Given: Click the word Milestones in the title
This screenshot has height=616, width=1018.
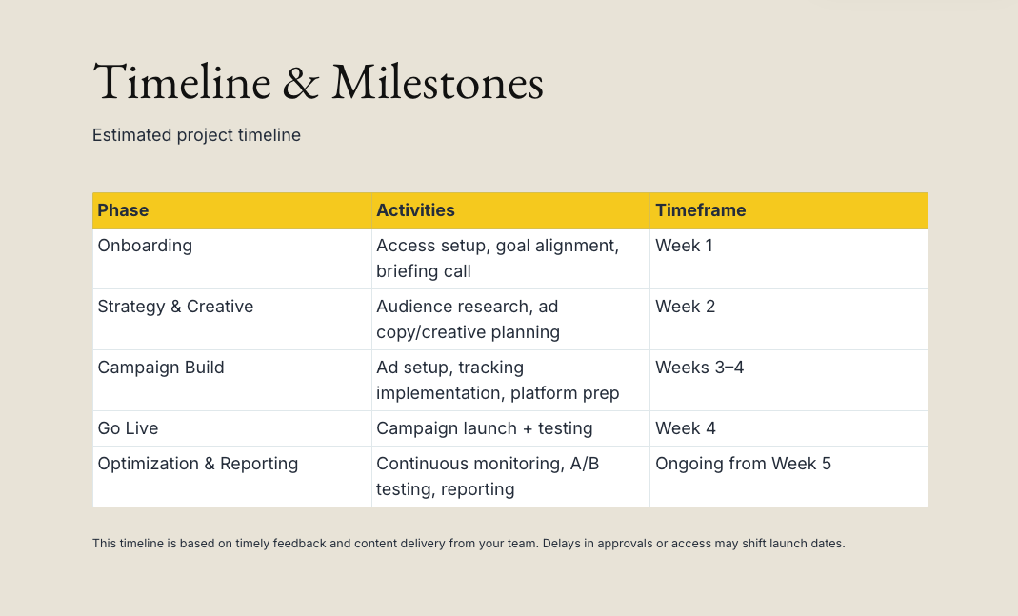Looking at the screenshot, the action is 438,83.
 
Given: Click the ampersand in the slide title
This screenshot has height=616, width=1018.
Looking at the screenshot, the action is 301,83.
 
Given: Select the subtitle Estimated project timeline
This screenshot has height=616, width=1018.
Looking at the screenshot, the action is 197,135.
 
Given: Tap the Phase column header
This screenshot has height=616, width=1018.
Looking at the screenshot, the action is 123,210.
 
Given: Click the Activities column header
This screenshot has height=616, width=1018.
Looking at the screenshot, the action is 415,210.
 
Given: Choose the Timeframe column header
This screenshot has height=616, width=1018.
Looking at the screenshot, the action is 701,210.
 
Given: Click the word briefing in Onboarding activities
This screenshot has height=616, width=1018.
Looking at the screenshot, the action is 405,271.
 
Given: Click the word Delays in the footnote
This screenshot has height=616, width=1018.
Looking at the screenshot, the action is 561,544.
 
